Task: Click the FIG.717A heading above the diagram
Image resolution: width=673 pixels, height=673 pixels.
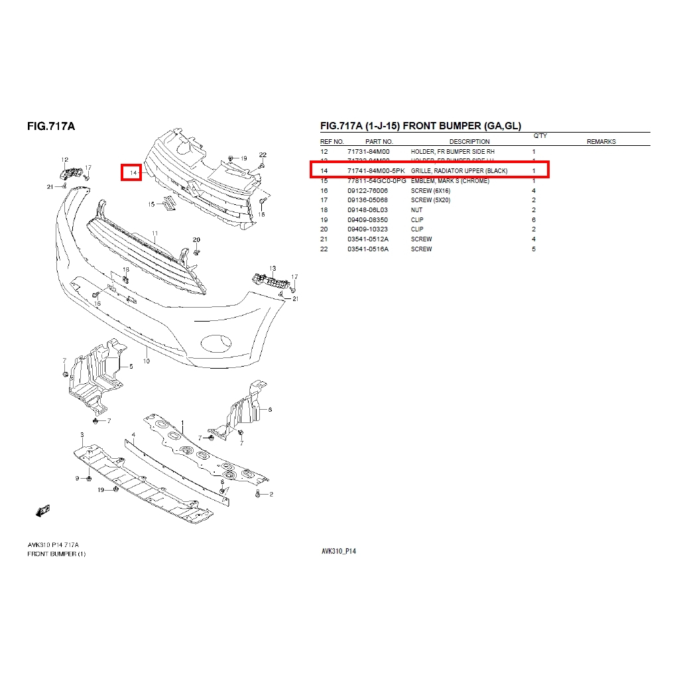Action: coord(51,125)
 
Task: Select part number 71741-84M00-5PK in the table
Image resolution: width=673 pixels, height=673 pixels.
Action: coord(376,171)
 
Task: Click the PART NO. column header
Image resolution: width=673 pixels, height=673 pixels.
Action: coord(379,141)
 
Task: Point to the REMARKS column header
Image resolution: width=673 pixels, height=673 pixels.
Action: coord(601,141)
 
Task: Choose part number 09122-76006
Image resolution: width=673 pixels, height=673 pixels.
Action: coord(367,190)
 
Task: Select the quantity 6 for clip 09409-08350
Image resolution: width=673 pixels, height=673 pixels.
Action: coord(534,219)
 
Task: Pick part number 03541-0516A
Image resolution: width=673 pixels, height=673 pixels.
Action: coord(367,249)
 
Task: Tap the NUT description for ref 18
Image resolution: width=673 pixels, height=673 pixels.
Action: coord(416,210)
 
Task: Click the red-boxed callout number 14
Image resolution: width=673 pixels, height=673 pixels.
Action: coord(131,172)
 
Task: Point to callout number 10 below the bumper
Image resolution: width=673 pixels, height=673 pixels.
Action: coord(146,361)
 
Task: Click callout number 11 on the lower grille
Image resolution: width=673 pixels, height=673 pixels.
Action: coord(154,234)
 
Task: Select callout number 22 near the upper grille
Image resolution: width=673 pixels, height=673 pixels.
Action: coord(263,154)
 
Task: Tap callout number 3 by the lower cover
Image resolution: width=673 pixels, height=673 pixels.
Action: coord(82,434)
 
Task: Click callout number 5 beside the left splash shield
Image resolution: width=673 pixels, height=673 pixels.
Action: coord(131,366)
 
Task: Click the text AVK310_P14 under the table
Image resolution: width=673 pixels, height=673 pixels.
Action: coord(338,551)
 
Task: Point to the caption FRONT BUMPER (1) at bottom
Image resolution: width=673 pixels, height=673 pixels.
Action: coord(56,554)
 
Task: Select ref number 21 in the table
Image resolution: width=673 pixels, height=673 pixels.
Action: coord(324,239)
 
